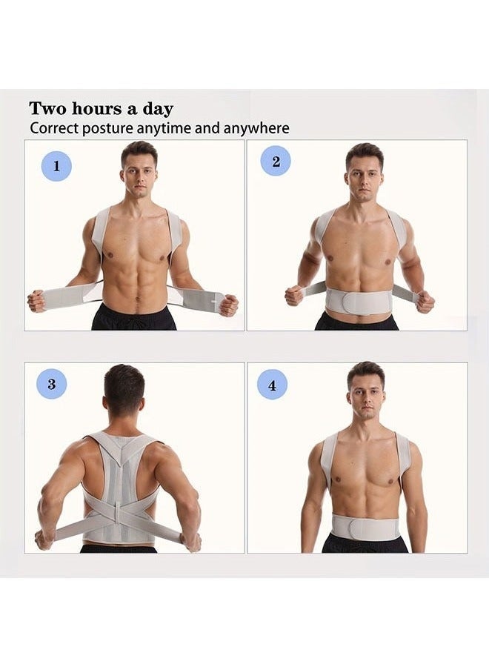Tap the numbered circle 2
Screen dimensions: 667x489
pos(276,162)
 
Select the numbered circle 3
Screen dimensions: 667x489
pos(51,384)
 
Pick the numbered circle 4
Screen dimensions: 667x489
pos(272,384)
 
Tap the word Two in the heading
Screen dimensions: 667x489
pos(48,109)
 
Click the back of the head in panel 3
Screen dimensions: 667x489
pos(124,393)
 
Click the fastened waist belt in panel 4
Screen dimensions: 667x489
pos(365,526)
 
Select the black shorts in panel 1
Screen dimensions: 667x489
pos(134,319)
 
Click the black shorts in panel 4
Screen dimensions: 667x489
pos(365,544)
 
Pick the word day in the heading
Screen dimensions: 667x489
pos(158,109)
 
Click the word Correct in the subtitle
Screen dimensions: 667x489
pos(53,128)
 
